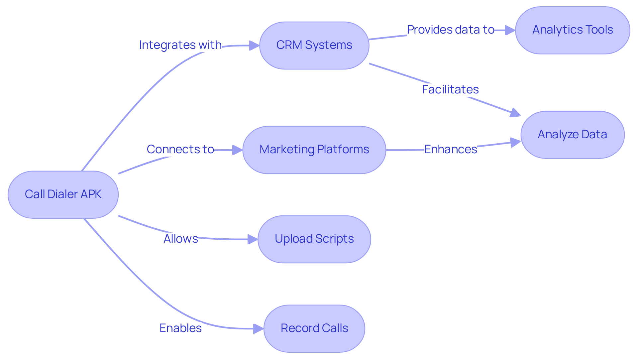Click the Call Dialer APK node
(63, 195)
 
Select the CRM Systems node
(314, 46)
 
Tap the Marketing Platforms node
(314, 150)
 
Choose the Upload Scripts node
(314, 239)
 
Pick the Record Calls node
(314, 329)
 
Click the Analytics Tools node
(572, 30)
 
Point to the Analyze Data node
(572, 135)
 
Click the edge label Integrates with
(180, 45)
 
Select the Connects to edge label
(180, 149)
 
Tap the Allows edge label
(180, 239)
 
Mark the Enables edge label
(180, 328)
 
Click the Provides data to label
(451, 30)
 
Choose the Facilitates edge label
(450, 89)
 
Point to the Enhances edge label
(451, 149)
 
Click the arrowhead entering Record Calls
(259, 329)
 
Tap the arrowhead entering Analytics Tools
(510, 30)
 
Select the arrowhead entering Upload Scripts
(253, 239)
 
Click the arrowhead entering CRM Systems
(254, 46)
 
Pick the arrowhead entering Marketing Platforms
(238, 150)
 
